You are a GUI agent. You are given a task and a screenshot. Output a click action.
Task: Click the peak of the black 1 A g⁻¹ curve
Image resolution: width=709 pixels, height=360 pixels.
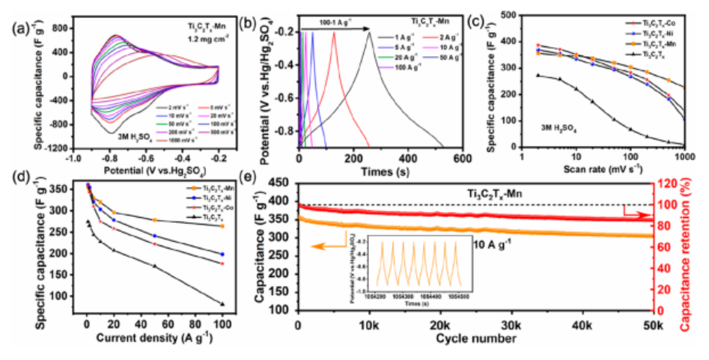(369, 32)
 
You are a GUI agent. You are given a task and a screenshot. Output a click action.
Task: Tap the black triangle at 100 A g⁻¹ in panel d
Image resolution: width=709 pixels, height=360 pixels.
(222, 304)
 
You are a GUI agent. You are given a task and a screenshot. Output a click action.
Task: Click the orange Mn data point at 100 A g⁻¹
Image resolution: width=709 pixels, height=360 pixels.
(222, 226)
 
